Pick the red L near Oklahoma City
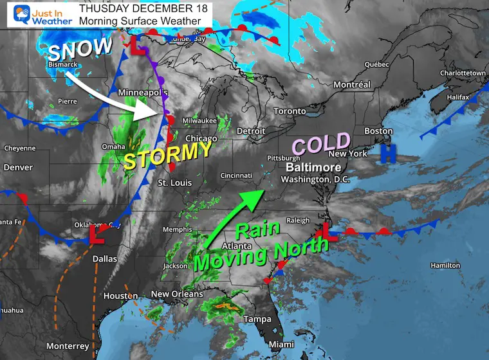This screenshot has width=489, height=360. point(98,235)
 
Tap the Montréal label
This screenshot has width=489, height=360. point(352,85)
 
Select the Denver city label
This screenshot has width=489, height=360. point(17,168)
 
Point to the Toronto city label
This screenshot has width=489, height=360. point(290,111)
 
